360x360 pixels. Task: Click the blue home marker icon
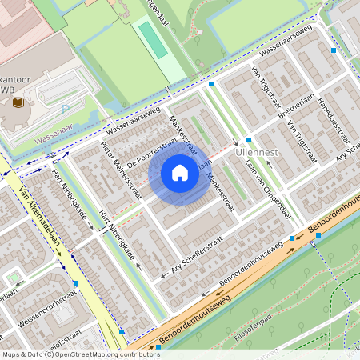coord(180,173)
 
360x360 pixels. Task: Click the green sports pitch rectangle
coord(152,39)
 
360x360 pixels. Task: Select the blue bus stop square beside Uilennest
coord(249,140)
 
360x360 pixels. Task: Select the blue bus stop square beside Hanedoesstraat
coord(333,50)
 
